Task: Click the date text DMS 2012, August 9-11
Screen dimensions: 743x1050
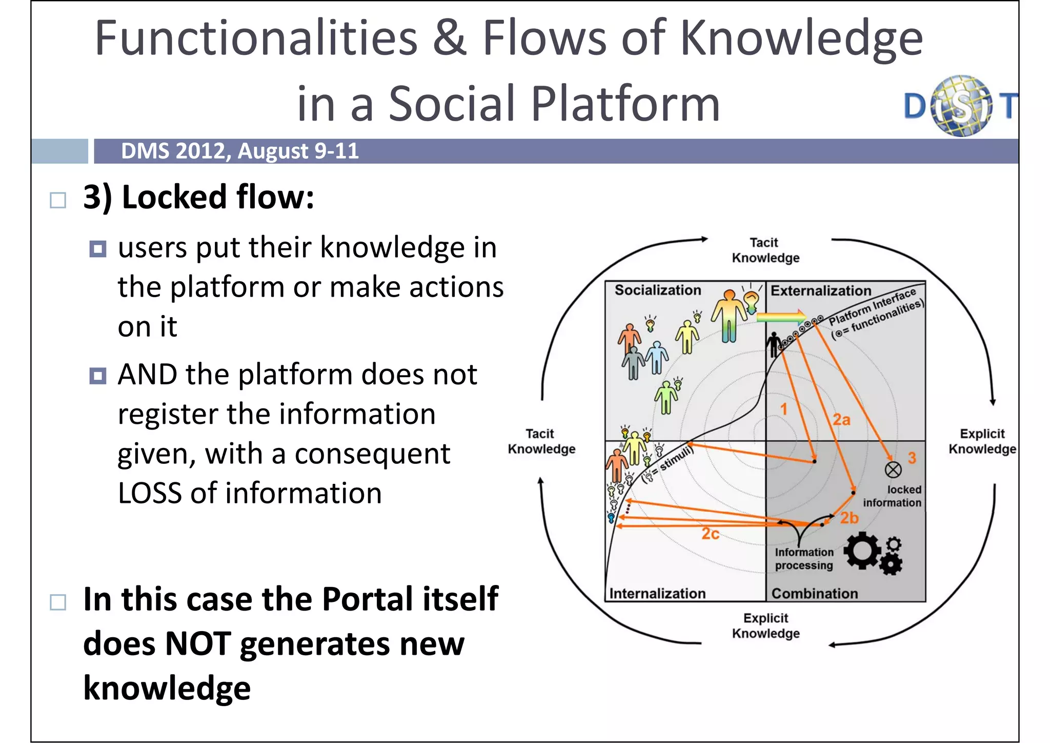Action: point(239,151)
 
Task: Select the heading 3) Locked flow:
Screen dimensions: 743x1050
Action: point(198,197)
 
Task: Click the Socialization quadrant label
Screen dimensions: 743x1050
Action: point(658,290)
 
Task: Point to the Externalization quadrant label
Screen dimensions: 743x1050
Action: point(820,290)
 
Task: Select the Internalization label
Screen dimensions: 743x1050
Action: point(657,593)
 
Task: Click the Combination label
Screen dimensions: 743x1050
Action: point(814,593)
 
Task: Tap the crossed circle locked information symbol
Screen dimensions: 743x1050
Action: point(893,469)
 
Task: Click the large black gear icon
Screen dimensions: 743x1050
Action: point(862,550)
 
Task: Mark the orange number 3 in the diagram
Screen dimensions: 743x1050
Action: point(912,458)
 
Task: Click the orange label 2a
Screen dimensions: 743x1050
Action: point(841,420)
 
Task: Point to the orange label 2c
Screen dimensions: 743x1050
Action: point(710,534)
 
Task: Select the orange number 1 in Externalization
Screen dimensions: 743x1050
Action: point(783,409)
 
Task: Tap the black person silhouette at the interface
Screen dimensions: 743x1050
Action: point(773,344)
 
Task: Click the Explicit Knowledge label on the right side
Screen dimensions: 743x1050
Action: point(982,441)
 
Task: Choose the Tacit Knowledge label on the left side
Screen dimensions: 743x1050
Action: point(541,441)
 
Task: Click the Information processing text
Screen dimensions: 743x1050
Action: point(804,559)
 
